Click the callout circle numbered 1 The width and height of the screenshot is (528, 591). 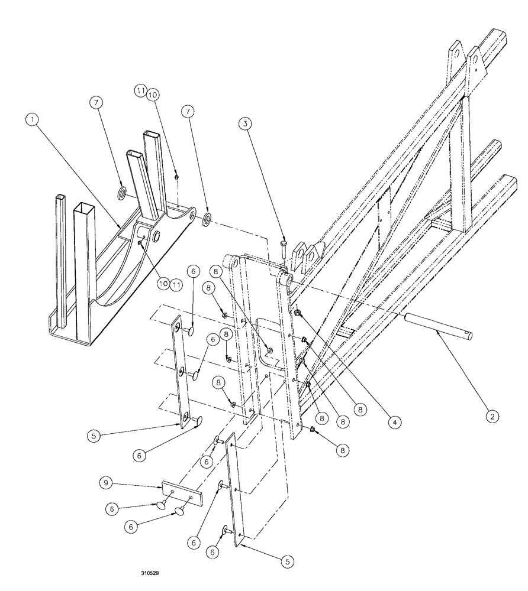(33, 119)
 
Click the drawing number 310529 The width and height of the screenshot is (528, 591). (150, 573)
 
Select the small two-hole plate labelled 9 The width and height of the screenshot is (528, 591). (181, 493)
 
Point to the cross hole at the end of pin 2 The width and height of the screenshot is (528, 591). (469, 336)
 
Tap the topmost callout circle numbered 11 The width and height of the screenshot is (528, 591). (141, 91)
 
